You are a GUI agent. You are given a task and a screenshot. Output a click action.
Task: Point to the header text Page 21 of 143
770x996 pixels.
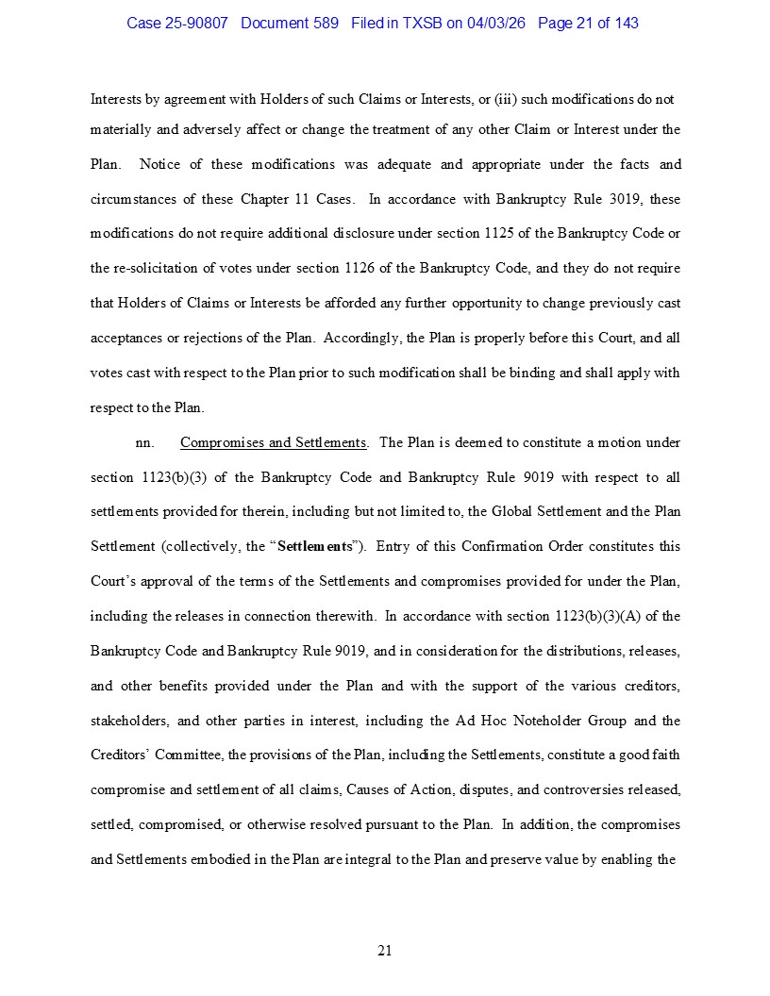(588, 23)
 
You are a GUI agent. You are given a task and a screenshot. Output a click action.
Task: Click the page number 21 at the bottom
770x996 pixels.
(384, 950)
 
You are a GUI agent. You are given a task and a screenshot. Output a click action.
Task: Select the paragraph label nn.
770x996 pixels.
(145, 442)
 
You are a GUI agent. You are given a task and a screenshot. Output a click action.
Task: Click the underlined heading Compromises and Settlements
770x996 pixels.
(273, 442)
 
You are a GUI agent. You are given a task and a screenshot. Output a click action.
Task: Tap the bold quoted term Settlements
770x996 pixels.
(315, 546)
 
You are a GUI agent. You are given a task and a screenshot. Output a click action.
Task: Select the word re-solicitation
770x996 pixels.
(159, 268)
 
